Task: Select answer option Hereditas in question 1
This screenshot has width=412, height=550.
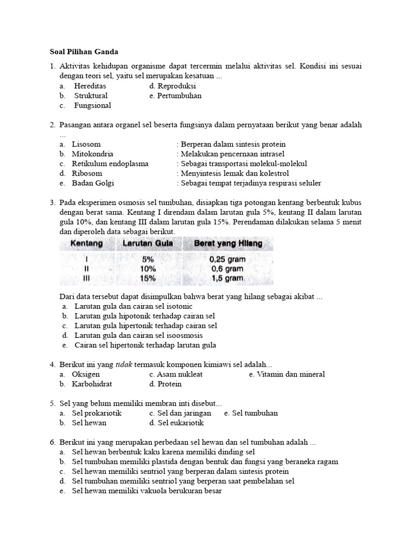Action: (90, 86)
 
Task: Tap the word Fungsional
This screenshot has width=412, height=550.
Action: (92, 106)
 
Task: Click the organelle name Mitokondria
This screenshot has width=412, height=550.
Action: (92, 154)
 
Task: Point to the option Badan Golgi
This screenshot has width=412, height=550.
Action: (92, 183)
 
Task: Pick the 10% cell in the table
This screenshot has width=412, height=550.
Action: (148, 269)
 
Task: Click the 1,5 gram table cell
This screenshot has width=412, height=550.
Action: (226, 278)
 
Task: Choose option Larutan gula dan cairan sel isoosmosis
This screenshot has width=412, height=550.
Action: (138, 335)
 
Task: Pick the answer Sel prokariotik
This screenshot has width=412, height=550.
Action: (97, 413)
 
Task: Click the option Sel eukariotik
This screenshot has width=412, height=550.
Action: (181, 423)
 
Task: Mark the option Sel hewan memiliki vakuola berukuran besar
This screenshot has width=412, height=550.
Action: (147, 491)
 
